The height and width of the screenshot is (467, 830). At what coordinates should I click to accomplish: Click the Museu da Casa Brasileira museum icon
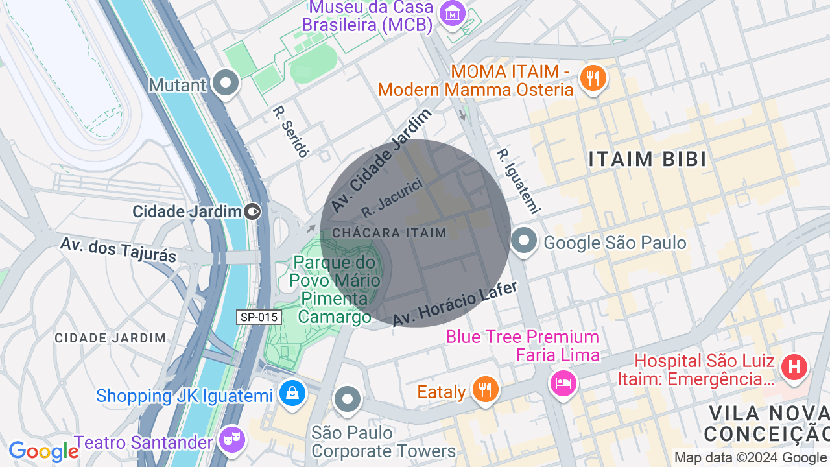click(x=453, y=13)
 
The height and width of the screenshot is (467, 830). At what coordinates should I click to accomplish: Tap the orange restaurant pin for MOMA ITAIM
click(x=593, y=78)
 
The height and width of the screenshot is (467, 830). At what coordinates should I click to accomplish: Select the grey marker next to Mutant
click(x=226, y=83)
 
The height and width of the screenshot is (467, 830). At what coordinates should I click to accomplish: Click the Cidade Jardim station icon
click(x=253, y=211)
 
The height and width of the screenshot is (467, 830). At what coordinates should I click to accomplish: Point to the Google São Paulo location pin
click(x=524, y=241)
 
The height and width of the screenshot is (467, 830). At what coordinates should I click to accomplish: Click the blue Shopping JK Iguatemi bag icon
click(x=292, y=394)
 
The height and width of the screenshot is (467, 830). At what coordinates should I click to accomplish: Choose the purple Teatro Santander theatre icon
click(x=231, y=440)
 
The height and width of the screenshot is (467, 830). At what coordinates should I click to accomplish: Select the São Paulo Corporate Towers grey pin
click(x=348, y=400)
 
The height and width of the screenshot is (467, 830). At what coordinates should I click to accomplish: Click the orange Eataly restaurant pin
click(x=484, y=390)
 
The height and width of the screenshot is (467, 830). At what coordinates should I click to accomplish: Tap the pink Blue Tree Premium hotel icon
click(x=562, y=383)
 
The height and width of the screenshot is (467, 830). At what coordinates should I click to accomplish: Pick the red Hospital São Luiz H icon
click(x=794, y=367)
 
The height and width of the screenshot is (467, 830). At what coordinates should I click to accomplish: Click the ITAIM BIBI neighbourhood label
click(x=647, y=159)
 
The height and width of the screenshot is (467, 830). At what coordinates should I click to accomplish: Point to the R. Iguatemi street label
click(x=518, y=181)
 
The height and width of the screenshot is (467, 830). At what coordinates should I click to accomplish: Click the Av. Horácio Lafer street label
click(x=455, y=304)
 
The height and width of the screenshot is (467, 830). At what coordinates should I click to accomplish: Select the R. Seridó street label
click(x=290, y=131)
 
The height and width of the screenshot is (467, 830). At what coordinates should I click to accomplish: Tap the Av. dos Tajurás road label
click(x=118, y=250)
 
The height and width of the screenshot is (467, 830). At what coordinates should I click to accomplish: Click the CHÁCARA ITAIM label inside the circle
click(x=389, y=233)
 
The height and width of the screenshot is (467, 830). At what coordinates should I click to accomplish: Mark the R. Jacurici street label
click(x=392, y=197)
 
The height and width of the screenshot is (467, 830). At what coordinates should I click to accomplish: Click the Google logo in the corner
click(x=43, y=451)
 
